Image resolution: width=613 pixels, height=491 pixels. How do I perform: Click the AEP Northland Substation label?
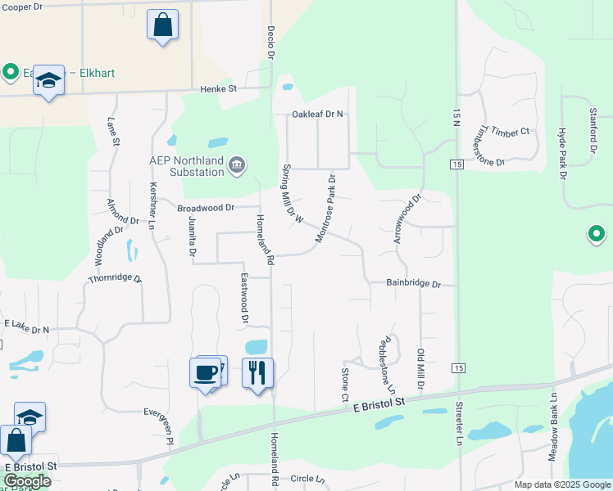[186, 166]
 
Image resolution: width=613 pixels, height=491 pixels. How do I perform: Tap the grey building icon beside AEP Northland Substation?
[237, 166]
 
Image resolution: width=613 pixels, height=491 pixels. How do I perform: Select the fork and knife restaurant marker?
[257, 373]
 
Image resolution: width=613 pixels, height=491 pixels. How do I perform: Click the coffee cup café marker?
[205, 373]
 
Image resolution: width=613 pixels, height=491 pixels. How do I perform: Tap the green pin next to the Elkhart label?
[11, 72]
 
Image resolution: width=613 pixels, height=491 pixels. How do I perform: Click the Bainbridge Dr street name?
[414, 284]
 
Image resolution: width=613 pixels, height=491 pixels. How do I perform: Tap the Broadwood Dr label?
[206, 209]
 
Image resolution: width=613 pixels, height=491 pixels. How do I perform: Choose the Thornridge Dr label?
[116, 279]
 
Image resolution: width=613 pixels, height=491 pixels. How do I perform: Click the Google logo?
[28, 481]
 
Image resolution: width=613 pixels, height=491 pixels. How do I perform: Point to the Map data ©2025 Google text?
[561, 484]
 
